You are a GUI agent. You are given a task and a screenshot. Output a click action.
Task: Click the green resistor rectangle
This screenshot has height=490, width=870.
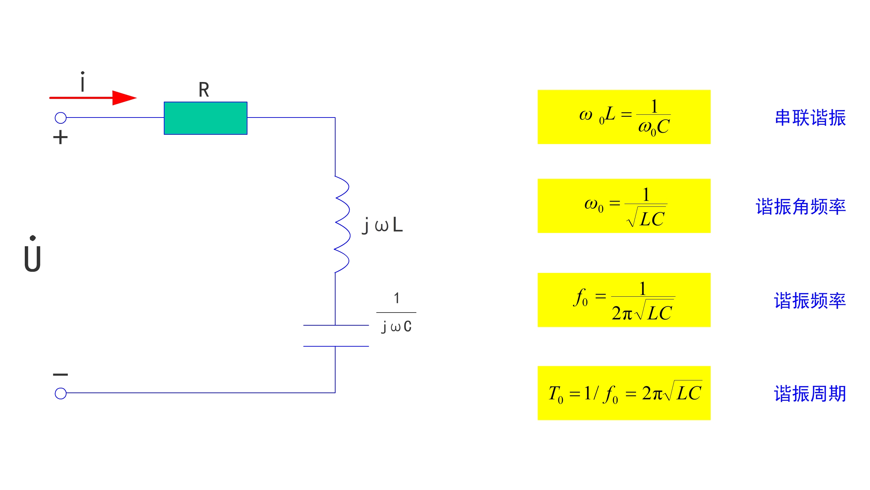(x=205, y=118)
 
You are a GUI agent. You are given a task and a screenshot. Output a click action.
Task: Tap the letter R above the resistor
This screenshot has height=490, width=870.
(x=204, y=90)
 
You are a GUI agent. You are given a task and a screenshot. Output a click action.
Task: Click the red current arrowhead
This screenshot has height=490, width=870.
(x=124, y=98)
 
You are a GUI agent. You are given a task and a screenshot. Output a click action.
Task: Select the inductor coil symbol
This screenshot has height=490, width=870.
(x=342, y=224)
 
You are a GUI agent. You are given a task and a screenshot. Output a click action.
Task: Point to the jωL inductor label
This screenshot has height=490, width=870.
(x=382, y=225)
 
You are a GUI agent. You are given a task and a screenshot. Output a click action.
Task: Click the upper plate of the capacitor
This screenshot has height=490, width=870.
(x=336, y=325)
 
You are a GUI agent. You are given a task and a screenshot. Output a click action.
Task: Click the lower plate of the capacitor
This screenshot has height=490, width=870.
(x=336, y=346)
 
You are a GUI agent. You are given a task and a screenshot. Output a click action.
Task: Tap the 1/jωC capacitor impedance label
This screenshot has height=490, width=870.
(x=396, y=313)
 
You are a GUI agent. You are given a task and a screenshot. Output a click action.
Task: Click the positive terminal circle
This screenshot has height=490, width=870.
(x=61, y=118)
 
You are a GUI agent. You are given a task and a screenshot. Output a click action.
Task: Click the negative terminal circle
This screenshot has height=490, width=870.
(x=61, y=393)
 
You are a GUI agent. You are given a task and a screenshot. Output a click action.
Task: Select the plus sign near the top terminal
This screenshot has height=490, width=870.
(x=60, y=137)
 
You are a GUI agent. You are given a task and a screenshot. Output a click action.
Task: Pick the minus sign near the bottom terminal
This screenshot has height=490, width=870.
(x=60, y=374)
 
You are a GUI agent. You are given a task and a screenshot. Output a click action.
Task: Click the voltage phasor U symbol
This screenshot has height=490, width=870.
(x=33, y=255)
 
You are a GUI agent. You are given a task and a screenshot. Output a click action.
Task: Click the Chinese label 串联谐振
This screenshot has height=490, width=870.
(x=810, y=118)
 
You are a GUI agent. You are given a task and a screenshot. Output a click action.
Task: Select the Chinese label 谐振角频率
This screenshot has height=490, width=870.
(x=800, y=207)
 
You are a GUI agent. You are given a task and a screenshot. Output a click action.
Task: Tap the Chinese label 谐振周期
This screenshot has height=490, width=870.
(x=810, y=394)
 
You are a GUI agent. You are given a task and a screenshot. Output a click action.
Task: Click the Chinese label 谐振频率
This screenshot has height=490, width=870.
(x=810, y=300)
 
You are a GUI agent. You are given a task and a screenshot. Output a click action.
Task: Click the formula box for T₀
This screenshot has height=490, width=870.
(x=624, y=393)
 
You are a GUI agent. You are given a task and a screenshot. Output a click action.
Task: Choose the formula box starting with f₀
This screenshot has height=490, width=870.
(x=624, y=300)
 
